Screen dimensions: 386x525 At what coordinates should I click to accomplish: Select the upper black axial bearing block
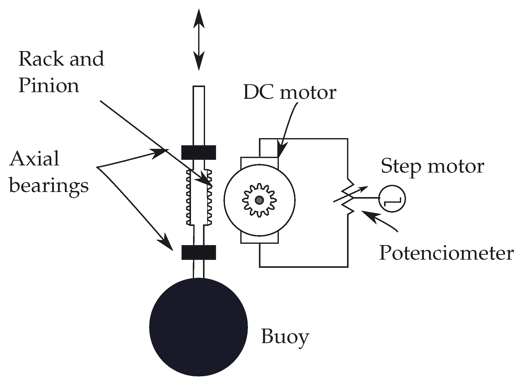coord(198,152)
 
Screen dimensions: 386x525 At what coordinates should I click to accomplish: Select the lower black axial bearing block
coord(198,252)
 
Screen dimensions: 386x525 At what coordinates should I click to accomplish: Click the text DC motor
coord(290,92)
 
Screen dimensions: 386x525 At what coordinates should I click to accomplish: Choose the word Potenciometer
coord(446,253)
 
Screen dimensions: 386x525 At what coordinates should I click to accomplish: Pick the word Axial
coord(34,159)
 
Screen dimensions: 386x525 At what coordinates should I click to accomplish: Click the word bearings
coord(49,186)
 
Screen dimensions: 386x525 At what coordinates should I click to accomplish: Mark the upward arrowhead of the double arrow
coord(199,18)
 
